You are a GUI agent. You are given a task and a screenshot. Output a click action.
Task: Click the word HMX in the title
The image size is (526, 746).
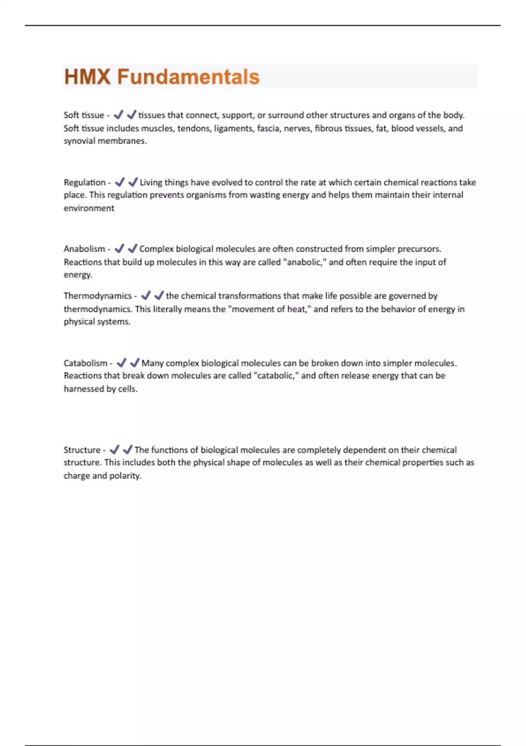pyautogui.click(x=87, y=77)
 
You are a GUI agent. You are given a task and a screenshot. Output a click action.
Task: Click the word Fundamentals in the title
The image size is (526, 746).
pyautogui.click(x=188, y=77)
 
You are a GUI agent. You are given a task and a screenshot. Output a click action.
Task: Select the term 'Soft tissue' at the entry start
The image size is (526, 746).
pyautogui.click(x=84, y=115)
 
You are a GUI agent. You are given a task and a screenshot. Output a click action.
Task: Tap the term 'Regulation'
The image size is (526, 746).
pyautogui.click(x=85, y=182)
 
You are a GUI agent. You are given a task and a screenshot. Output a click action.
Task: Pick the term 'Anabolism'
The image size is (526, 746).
pyautogui.click(x=84, y=249)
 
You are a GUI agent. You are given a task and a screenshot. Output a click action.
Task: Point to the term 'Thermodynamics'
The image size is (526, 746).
pyautogui.click(x=97, y=296)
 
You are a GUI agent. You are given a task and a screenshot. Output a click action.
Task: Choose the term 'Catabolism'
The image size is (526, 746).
pyautogui.click(x=85, y=363)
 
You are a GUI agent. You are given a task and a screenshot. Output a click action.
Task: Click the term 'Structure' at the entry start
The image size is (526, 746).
pyautogui.click(x=82, y=450)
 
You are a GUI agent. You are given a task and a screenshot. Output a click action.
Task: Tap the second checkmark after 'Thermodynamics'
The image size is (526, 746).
pyautogui.click(x=159, y=295)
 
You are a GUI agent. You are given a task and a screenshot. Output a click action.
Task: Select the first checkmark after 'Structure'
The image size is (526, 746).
pyautogui.click(x=114, y=449)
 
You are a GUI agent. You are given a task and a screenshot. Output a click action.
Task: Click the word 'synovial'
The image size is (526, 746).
pyautogui.click(x=79, y=141)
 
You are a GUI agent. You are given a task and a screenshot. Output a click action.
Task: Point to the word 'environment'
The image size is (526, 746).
pyautogui.click(x=89, y=208)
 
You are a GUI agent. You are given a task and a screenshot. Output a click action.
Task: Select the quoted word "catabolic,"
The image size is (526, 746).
pyautogui.click(x=275, y=376)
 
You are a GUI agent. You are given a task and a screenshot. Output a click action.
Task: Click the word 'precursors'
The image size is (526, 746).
pyautogui.click(x=419, y=249)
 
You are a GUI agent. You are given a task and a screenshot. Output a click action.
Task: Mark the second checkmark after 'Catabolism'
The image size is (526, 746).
pyautogui.click(x=135, y=362)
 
